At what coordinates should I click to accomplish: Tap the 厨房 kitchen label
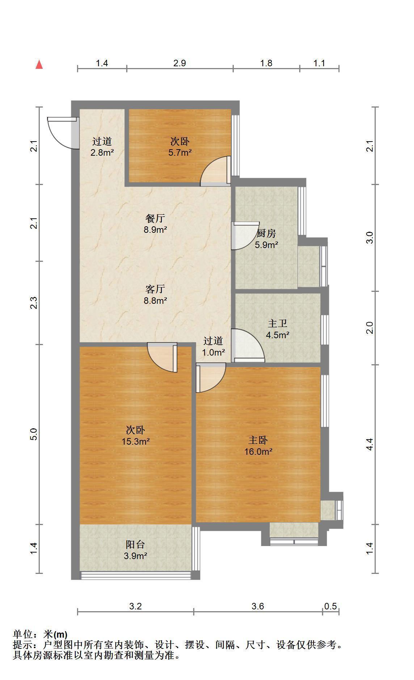266,234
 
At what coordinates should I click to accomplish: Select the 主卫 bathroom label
278,324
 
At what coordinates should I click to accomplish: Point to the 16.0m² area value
258,452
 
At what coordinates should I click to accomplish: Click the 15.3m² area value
136,441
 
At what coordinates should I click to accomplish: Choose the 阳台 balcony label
135,545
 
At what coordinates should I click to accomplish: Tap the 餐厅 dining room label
155,218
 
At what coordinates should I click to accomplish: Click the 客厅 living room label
155,289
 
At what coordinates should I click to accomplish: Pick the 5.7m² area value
180,152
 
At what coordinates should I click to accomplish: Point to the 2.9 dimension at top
179,63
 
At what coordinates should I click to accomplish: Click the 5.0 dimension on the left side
34,434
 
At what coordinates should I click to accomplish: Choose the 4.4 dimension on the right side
369,444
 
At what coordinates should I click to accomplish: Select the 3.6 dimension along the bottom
258,606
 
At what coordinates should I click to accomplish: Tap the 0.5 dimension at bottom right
330,606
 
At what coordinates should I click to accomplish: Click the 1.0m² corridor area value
214,352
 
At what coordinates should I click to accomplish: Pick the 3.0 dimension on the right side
369,238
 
